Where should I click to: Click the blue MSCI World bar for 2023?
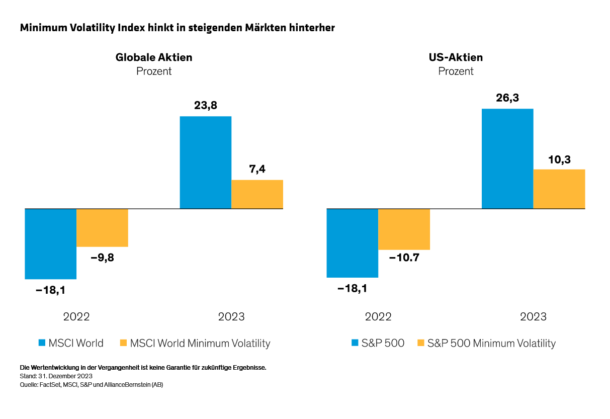point(205,162)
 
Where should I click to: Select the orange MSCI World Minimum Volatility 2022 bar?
point(102,227)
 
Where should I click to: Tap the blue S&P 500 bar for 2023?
point(507,158)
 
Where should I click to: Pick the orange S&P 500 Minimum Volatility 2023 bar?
point(559,189)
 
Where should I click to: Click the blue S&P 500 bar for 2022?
point(352,243)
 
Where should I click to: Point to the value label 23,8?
point(205,106)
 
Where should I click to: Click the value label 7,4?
point(257,169)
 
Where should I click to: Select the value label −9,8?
point(102,258)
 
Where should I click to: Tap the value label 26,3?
point(507,98)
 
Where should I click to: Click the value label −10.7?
point(404,258)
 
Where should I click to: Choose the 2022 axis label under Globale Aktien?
point(76,317)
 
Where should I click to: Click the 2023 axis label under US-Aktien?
point(533,317)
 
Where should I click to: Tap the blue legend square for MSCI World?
point(42,343)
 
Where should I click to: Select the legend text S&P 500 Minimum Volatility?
point(491,343)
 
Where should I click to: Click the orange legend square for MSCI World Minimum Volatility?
point(123,343)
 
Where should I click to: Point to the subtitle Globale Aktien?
point(154,57)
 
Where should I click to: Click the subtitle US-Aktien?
point(456,57)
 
